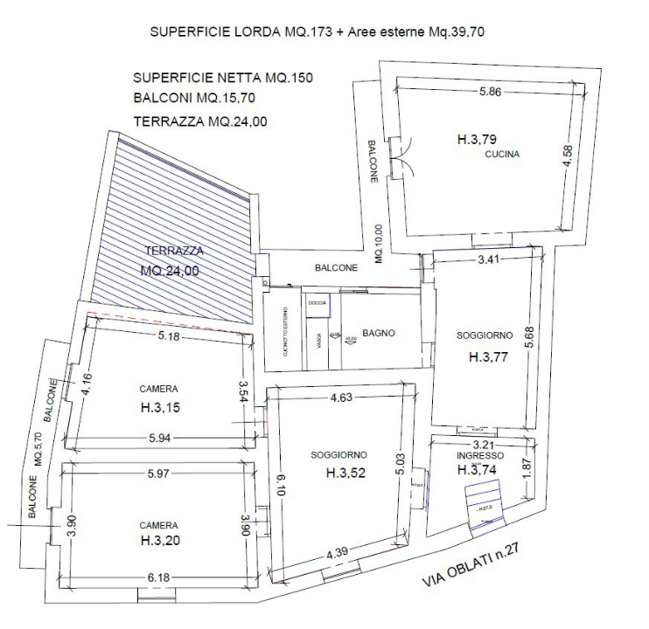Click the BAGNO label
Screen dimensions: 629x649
pos(380,333)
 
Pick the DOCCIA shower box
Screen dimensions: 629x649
pos(317,302)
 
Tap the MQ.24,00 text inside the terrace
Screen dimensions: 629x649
pos(170,271)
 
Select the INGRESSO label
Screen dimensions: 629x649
pos(478,455)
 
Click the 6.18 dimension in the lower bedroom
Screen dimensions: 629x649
pos(159,578)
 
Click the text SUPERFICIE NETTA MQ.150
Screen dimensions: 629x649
pos(223,78)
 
